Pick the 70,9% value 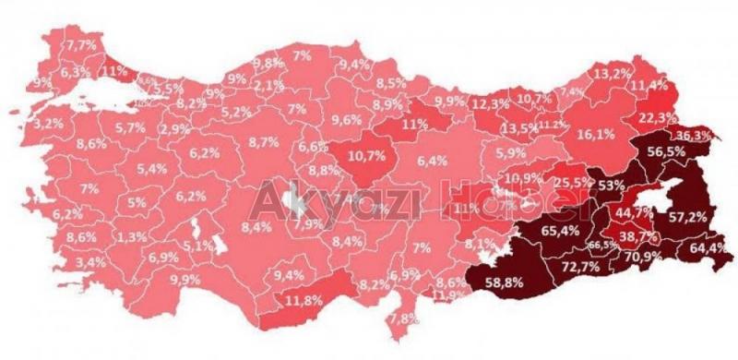643,256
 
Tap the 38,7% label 632,236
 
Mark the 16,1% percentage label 596,134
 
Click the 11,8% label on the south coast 297,300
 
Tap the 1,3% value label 134,237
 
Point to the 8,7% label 264,142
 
